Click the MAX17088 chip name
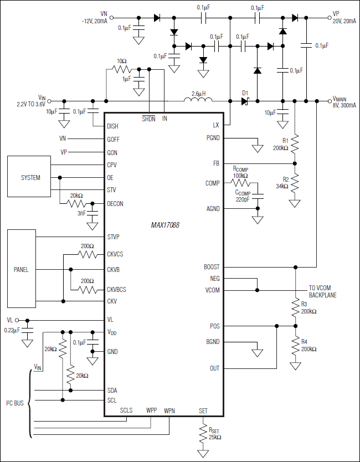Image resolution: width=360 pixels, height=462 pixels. [165, 225]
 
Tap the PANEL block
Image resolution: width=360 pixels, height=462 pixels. [21, 270]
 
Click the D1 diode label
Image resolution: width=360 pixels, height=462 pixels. [245, 93]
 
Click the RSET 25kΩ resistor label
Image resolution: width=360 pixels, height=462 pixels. [215, 433]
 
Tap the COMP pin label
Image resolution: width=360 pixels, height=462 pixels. [212, 183]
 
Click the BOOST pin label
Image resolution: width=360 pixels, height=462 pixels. [211, 266]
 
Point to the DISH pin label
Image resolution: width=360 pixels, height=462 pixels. [113, 126]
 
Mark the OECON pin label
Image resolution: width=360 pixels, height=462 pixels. [115, 203]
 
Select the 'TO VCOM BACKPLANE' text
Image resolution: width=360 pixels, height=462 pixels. [322, 292]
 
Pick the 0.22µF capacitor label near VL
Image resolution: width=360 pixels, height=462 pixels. [11, 330]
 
